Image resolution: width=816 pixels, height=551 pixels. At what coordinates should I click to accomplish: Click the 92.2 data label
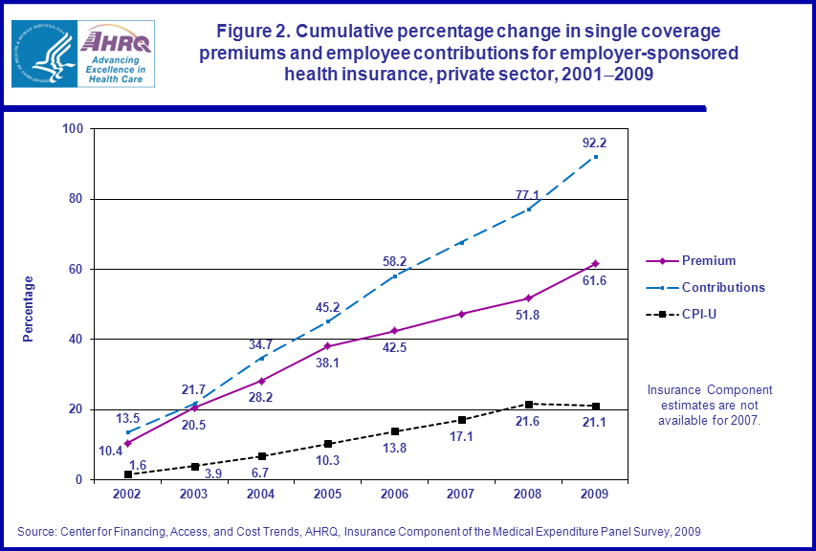[595, 143]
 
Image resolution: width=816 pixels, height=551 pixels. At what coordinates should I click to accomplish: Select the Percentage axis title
[29, 308]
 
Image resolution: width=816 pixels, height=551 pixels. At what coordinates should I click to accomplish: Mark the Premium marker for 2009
[595, 263]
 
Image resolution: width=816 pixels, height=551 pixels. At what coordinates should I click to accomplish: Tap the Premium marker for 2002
[127, 443]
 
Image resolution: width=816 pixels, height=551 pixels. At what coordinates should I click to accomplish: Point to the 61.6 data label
[595, 280]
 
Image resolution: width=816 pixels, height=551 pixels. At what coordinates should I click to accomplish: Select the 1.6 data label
[138, 464]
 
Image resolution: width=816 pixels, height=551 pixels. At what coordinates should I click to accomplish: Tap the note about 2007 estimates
[709, 406]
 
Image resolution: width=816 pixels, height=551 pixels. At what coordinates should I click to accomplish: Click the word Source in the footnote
[36, 531]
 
